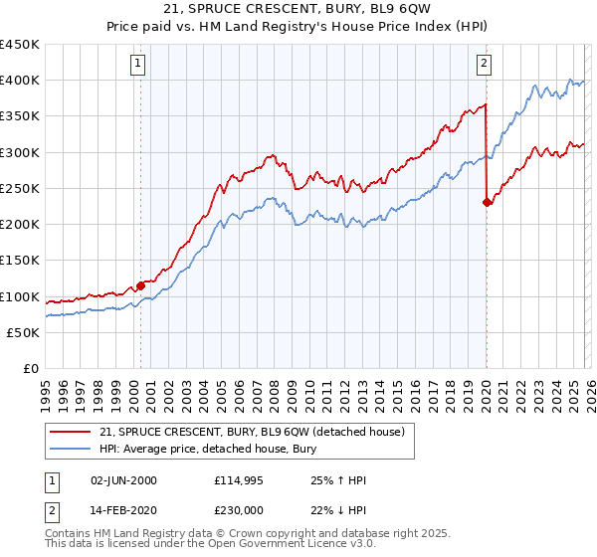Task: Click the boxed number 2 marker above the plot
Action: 484,66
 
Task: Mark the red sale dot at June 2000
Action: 140,285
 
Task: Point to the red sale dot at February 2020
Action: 487,203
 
